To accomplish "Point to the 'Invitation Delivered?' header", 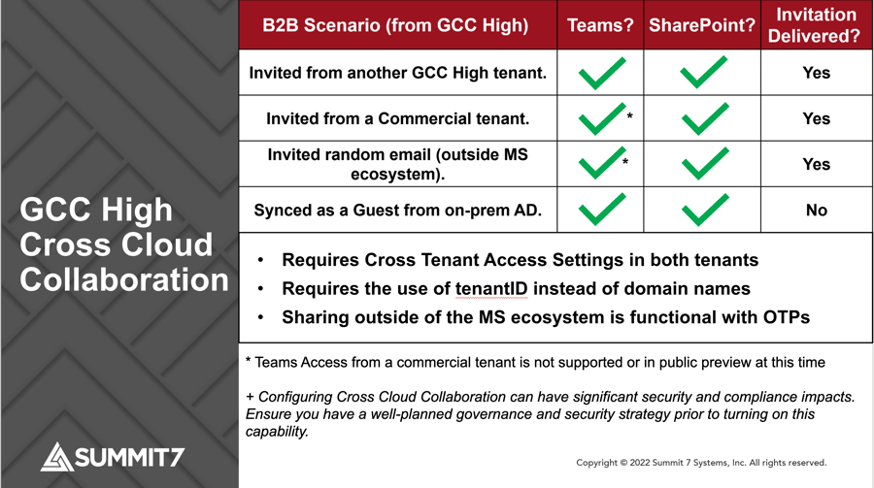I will pos(815,25).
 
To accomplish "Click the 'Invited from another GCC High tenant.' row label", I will pos(398,73).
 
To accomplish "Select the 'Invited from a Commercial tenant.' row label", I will pos(398,118).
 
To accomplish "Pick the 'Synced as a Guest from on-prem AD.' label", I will pos(398,211).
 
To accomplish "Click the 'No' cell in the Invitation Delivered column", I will pos(816,211).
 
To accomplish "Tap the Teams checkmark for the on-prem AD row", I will pos(601,210).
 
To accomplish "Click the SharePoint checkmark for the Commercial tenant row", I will pos(704,118).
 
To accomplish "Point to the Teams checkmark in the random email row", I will pos(599,164).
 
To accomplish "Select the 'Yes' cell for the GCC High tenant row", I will pos(816,73).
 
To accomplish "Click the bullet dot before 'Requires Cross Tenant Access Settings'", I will pos(261,261).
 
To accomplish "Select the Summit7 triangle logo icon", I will pos(57,456).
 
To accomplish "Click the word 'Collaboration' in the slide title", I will pos(124,279).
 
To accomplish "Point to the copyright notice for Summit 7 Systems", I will pos(700,463).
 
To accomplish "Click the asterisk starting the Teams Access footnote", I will pos(248,362).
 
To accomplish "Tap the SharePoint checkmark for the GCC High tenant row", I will pos(704,73).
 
